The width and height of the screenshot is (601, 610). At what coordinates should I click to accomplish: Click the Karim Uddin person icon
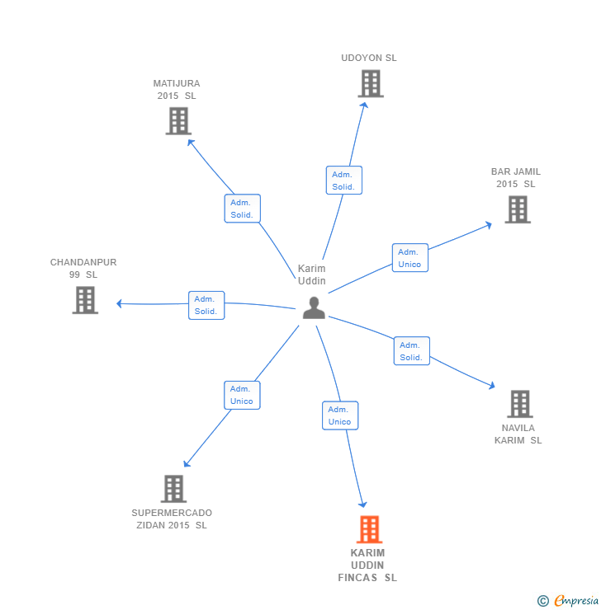click(314, 307)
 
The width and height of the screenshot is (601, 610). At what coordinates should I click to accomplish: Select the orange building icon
click(369, 529)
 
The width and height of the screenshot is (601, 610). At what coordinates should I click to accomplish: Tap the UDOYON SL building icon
click(371, 83)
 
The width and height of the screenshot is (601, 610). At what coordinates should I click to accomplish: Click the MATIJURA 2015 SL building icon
click(177, 121)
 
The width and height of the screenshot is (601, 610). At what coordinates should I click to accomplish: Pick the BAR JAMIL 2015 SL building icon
click(517, 209)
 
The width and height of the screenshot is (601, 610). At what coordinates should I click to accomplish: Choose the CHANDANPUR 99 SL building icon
click(85, 300)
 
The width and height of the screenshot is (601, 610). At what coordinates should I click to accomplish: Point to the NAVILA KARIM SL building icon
click(519, 404)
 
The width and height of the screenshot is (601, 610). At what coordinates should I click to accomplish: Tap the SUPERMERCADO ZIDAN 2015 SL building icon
click(173, 489)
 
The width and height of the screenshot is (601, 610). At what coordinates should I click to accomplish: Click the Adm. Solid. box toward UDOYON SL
click(343, 181)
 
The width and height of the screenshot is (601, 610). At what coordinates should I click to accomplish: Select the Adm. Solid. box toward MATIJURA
click(242, 209)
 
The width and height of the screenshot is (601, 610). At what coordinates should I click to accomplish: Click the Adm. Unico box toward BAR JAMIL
click(409, 258)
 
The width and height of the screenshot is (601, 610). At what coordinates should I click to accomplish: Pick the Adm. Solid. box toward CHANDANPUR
click(206, 305)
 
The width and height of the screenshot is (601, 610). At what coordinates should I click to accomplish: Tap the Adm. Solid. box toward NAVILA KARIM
click(411, 351)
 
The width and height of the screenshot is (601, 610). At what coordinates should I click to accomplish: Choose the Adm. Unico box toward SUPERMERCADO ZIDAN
click(242, 395)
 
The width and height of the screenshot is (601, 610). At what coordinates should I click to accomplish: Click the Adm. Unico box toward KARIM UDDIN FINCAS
click(339, 415)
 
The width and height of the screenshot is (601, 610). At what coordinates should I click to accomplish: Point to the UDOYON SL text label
click(369, 59)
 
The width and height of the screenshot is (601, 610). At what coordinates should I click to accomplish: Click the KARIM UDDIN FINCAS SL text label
click(367, 565)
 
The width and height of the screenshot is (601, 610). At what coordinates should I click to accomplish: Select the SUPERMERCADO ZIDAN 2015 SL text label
click(172, 518)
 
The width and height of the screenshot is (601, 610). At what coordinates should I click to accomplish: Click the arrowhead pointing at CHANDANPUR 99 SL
click(120, 303)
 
